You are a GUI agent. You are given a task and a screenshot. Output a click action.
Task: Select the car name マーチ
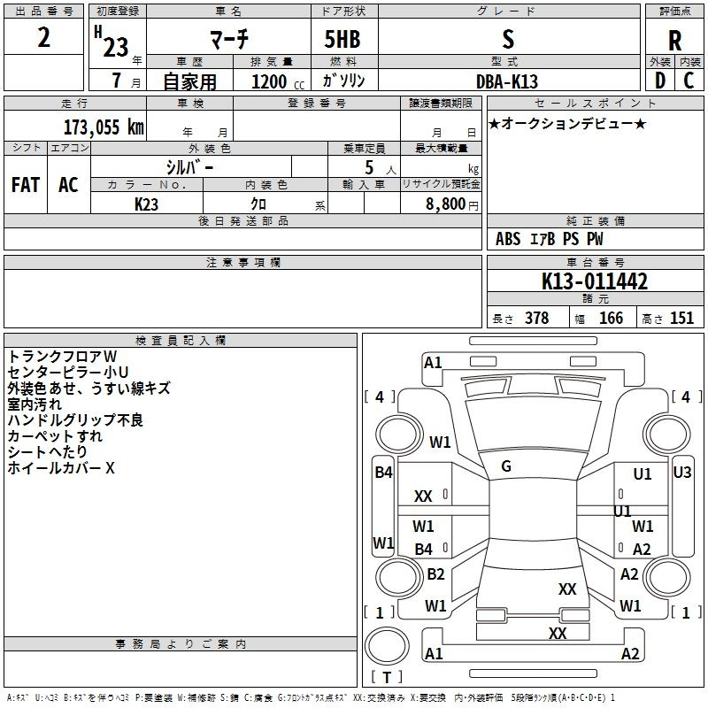point(228,40)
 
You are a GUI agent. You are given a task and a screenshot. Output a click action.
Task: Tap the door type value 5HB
point(335,40)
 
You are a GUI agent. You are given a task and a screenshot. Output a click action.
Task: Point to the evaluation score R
point(674,41)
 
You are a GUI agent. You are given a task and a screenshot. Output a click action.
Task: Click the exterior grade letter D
point(659,80)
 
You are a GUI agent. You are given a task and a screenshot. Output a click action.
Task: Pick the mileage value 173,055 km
point(104,127)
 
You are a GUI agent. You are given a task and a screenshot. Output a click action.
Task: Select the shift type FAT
point(26,185)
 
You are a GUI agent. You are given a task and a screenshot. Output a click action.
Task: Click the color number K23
point(147,204)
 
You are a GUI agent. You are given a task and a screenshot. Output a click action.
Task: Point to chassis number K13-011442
point(595,281)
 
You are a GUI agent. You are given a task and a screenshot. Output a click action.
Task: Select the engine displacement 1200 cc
point(269,81)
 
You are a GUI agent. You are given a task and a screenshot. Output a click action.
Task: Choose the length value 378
point(536,319)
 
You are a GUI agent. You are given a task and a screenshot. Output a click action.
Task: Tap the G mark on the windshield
point(506,466)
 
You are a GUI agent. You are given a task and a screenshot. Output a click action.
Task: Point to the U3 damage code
point(681,473)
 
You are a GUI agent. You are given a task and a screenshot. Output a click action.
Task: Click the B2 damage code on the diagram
point(435,574)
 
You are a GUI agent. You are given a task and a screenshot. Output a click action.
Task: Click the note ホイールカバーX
point(61,468)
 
